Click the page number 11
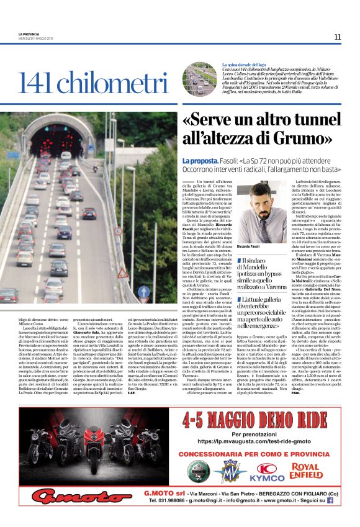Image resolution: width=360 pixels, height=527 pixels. [337, 37]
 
